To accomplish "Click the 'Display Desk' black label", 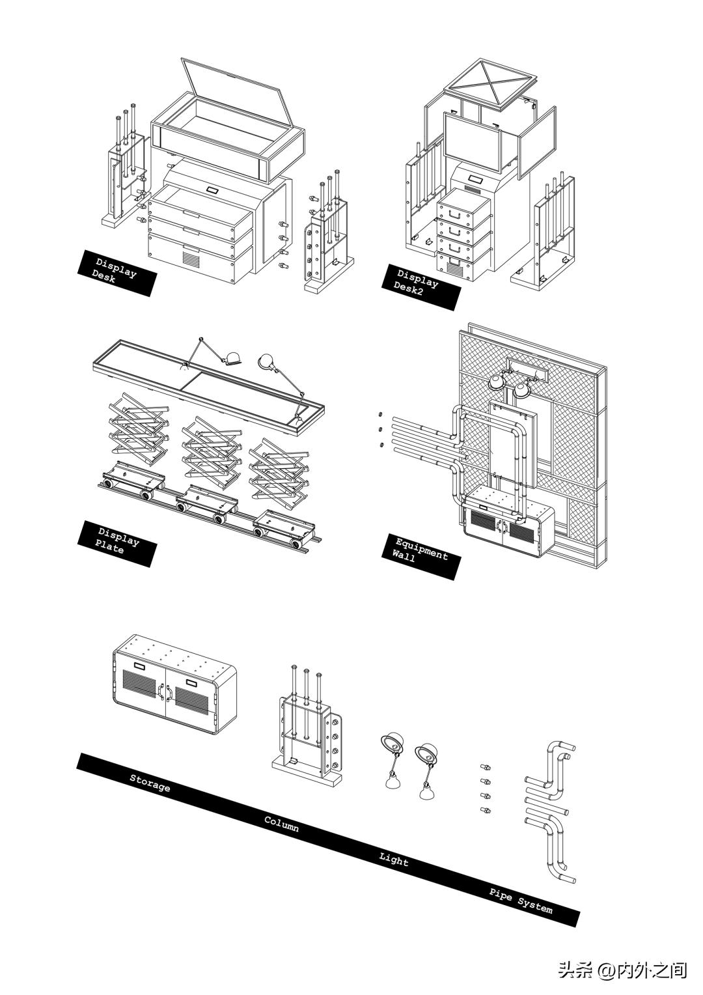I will pyautogui.click(x=117, y=272).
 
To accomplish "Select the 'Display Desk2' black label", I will pyautogui.click(x=420, y=287).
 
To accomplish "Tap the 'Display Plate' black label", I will pyautogui.click(x=117, y=544).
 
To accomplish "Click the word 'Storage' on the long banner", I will pyautogui.click(x=150, y=783).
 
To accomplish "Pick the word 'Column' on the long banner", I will pyautogui.click(x=282, y=823).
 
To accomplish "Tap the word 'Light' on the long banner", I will pyautogui.click(x=394, y=860).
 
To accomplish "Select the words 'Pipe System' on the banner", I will pyautogui.click(x=521, y=900).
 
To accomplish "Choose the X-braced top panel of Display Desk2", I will pyautogui.click(x=490, y=81).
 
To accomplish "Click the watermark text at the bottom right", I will pyautogui.click(x=622, y=970).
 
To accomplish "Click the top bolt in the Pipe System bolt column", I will pyautogui.click(x=484, y=767).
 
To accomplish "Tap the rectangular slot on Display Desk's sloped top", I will pyautogui.click(x=212, y=190).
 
